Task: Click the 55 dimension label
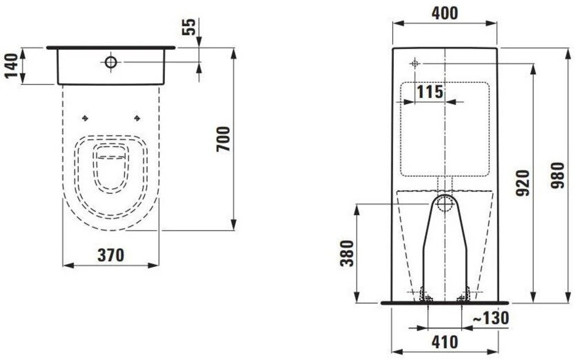point(190,26)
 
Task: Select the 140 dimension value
point(11,66)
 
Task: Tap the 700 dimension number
point(223,139)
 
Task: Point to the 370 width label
point(111,255)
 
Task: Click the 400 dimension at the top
point(445,13)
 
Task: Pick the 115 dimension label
point(430,91)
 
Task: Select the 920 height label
point(523,182)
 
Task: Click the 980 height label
point(558,175)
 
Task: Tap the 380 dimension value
point(347,253)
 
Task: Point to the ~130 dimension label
point(490,318)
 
